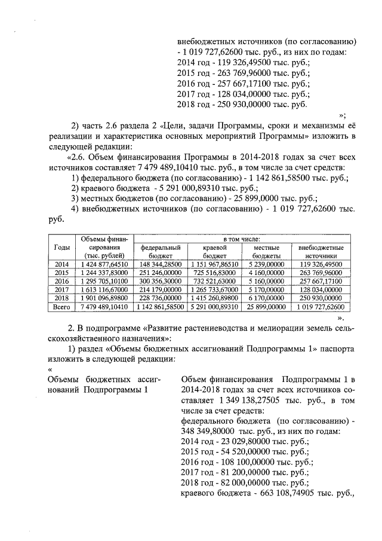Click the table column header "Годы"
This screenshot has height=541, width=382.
[61, 247]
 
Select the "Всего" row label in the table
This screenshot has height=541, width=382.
[61, 307]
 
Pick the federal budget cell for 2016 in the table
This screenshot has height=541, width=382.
[159, 280]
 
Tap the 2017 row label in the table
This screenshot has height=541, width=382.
[61, 289]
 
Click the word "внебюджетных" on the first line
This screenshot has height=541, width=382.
[206, 41]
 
